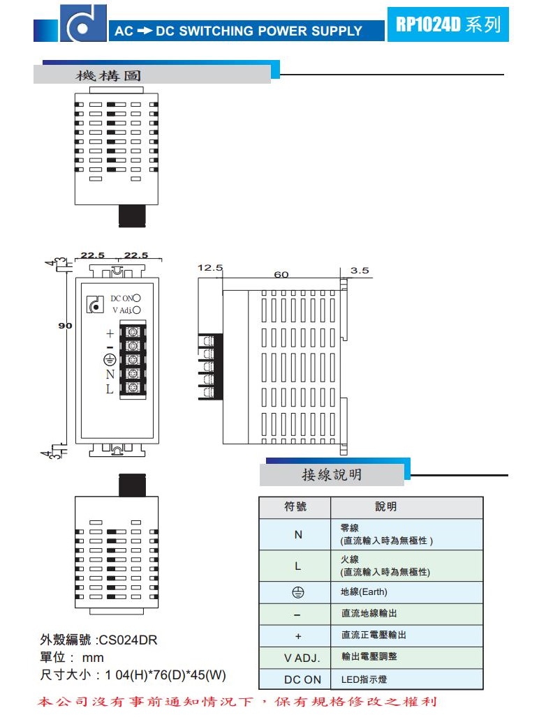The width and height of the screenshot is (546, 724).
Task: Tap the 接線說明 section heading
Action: [332, 475]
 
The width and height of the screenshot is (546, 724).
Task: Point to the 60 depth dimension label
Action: [281, 275]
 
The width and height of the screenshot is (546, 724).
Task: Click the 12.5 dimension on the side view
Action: [209, 267]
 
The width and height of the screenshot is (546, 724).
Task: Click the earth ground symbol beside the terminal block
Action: [110, 359]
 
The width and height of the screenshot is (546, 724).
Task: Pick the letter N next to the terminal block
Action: [110, 375]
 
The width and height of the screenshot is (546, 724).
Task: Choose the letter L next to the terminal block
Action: [110, 390]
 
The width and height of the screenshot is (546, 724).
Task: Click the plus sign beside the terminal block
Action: [110, 333]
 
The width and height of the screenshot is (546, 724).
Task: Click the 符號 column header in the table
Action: [295, 507]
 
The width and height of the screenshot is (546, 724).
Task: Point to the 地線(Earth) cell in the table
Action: [364, 592]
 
